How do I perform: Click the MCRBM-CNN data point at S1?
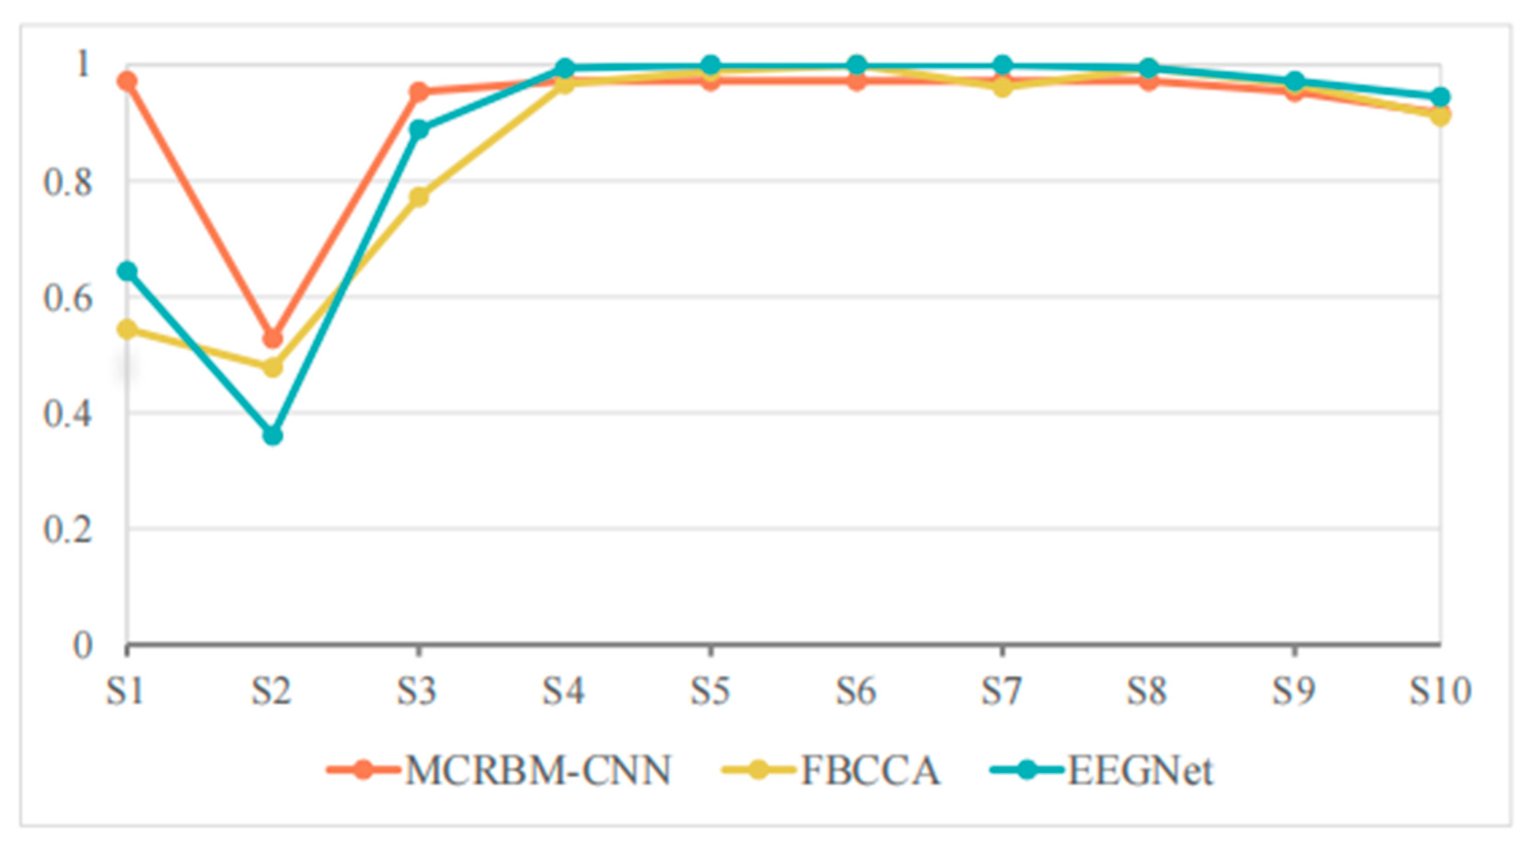coord(127,81)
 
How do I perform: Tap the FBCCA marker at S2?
coord(273,366)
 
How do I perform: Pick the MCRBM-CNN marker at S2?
coord(273,339)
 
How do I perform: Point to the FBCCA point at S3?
coord(419,196)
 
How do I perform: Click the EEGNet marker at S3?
coord(419,129)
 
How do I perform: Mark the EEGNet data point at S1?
coord(127,271)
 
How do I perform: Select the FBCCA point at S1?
coord(127,329)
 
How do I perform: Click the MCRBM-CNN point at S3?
coord(419,92)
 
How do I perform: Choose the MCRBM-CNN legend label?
coord(538,770)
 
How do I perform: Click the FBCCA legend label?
coord(871,770)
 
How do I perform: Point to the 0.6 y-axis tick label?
coord(68,297)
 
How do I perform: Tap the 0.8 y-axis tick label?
coord(68,181)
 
